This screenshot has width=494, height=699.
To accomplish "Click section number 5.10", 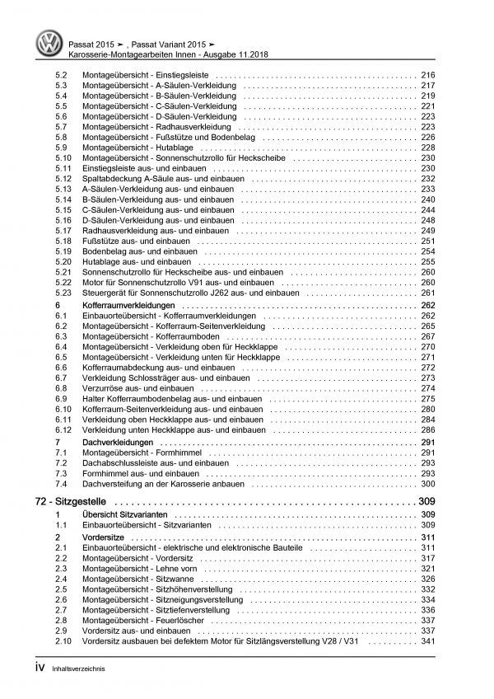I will point(51,157).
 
